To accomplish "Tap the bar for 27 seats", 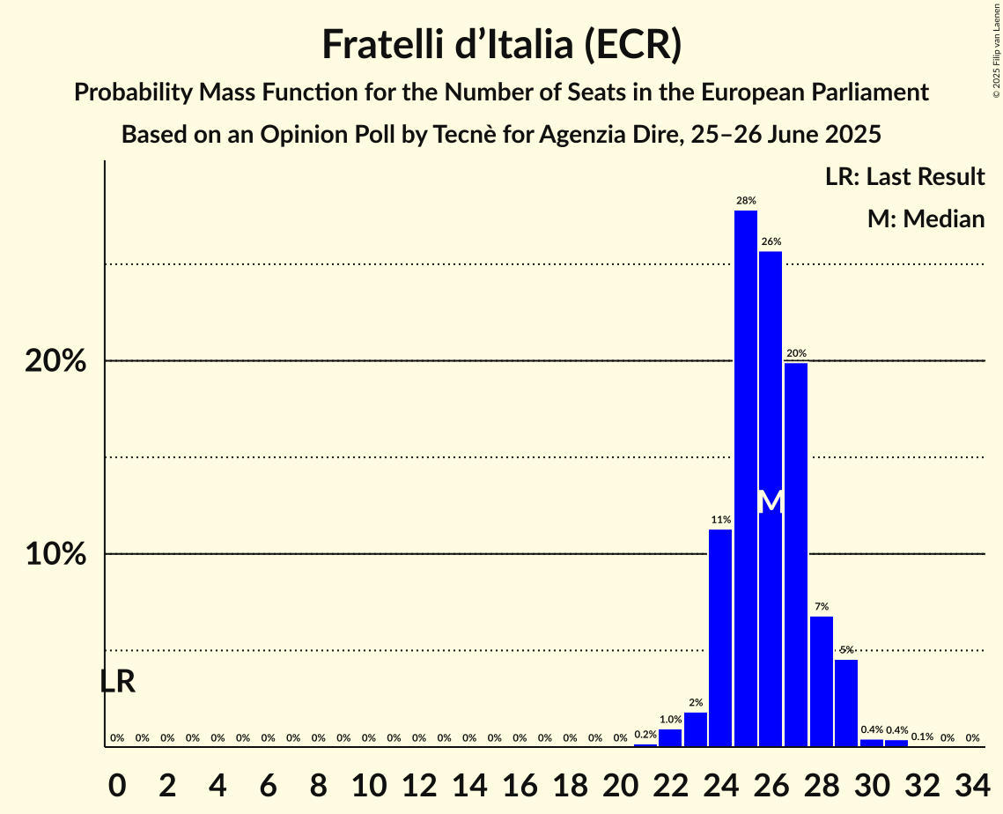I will (796, 555).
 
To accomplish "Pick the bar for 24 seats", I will (720, 638).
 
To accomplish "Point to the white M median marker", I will (771, 501).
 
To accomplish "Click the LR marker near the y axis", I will (117, 681).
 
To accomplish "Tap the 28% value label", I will (746, 201).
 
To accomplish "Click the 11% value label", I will (720, 520).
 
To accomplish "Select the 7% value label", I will (822, 606).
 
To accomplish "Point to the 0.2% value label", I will (645, 734).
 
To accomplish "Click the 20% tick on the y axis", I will (55, 361).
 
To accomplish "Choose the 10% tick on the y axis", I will (55, 554).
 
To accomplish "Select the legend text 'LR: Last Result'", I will (904, 177).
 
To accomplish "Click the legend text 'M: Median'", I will (926, 218).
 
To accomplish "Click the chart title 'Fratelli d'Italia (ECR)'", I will (501, 44).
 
